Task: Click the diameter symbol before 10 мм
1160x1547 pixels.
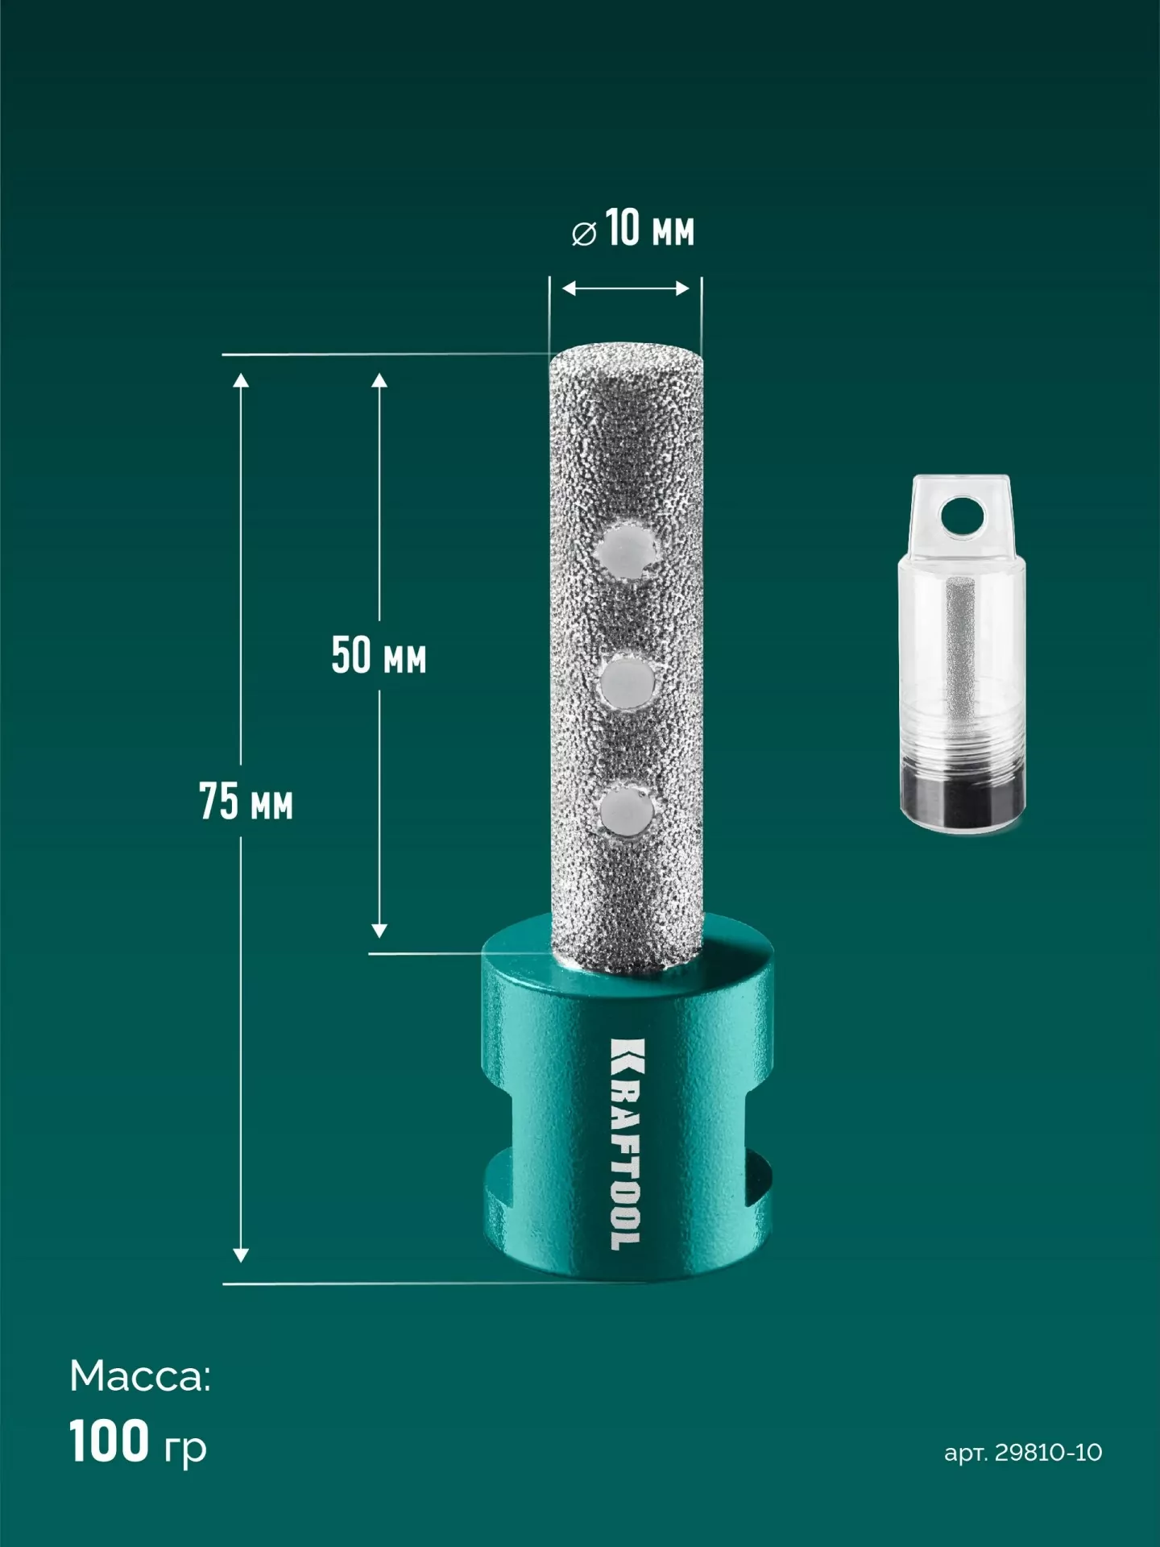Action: coord(584,234)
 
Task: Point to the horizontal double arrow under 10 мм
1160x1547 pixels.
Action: coord(625,288)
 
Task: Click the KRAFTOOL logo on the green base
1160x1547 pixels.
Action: coord(628,1144)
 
